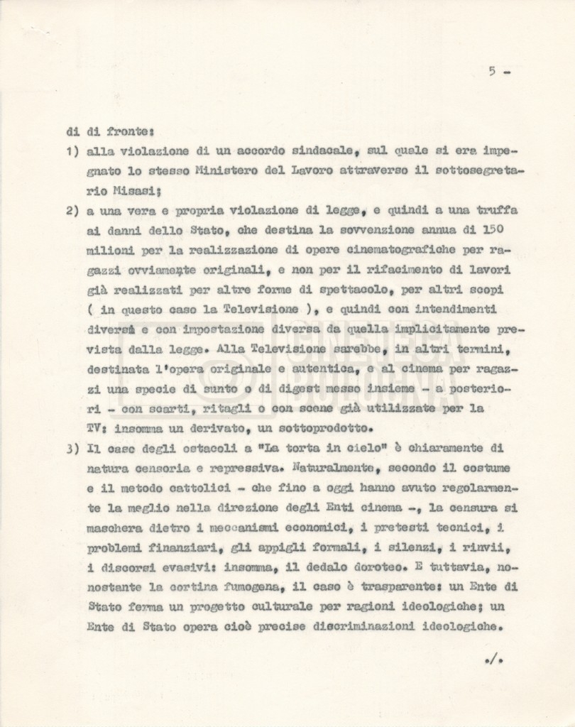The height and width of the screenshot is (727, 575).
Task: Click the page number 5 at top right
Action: (x=491, y=70)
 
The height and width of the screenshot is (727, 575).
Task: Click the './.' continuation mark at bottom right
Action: (x=493, y=660)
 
